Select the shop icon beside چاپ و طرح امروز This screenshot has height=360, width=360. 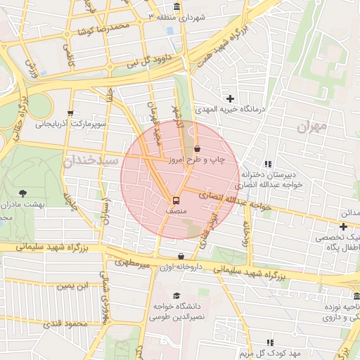197,149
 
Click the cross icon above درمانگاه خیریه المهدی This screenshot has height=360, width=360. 230,98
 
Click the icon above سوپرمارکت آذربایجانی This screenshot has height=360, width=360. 70,112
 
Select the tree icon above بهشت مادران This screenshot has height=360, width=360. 24,192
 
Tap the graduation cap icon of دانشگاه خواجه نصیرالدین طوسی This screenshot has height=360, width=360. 176,295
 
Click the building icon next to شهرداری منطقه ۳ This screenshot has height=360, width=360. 175,7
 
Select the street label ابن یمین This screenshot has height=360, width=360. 74,285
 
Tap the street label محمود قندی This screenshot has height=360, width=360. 64,324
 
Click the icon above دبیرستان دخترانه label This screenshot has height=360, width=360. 268,164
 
